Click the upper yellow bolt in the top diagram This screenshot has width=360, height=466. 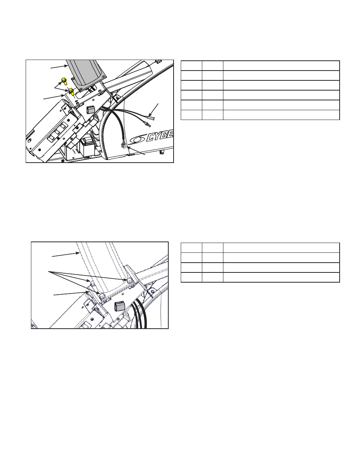[64, 81]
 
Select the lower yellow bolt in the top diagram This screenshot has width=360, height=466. [71, 91]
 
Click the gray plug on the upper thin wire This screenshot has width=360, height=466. [151, 117]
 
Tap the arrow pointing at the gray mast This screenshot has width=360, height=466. [59, 67]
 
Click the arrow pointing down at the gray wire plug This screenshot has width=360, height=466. [154, 110]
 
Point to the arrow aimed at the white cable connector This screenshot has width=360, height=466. [136, 151]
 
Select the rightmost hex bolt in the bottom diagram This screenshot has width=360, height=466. [129, 281]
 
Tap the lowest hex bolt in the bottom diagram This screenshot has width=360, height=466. [102, 296]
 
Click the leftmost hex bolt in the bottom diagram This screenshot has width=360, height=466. [93, 284]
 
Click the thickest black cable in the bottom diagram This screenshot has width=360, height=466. [143, 317]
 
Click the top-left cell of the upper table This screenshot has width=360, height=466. [191, 66]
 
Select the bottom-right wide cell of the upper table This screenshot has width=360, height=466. [281, 115]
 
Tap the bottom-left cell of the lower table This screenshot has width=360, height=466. [191, 277]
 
